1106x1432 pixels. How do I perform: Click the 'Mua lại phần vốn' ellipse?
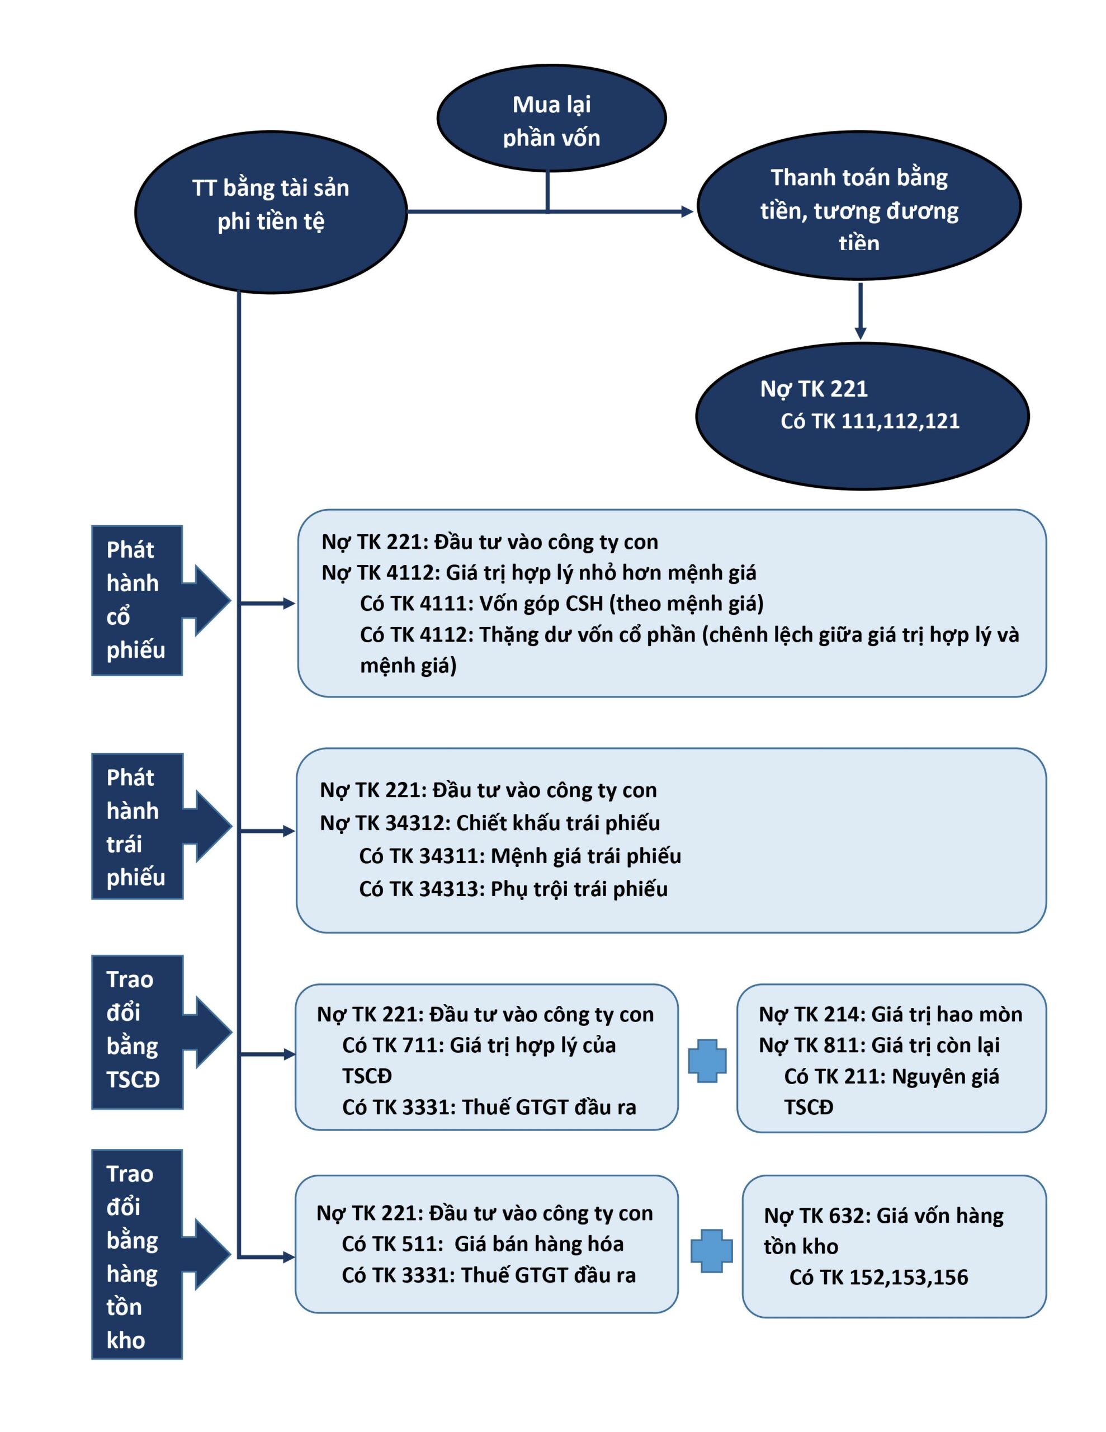pyautogui.click(x=551, y=118)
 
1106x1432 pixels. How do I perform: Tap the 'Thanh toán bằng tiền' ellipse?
pyautogui.click(x=859, y=205)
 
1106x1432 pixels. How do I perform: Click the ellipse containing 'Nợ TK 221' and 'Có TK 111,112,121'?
pyautogui.click(x=862, y=416)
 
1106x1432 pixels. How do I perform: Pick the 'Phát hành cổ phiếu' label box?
pyautogui.click(x=136, y=600)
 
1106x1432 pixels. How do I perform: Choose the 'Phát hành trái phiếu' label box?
pyautogui.click(x=137, y=826)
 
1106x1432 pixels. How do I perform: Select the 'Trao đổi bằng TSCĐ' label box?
pyautogui.click(x=137, y=1032)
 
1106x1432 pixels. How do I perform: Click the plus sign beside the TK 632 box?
pyautogui.click(x=711, y=1251)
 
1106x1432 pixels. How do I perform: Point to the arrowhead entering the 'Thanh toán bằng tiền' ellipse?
pyautogui.click(x=687, y=211)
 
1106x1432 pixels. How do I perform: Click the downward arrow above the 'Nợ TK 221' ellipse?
pyautogui.click(x=860, y=311)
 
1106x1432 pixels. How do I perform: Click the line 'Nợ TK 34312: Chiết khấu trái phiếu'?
pyautogui.click(x=490, y=823)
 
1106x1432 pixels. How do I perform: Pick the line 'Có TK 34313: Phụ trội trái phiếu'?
pyautogui.click(x=513, y=889)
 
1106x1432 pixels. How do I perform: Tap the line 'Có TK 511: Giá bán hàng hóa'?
pyautogui.click(x=483, y=1244)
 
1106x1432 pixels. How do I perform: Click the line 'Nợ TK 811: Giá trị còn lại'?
pyautogui.click(x=879, y=1045)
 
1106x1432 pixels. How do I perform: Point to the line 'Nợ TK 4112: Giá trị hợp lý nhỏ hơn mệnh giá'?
pyautogui.click(x=539, y=572)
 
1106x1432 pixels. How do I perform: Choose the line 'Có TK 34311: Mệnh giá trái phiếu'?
pyautogui.click(x=520, y=856)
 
